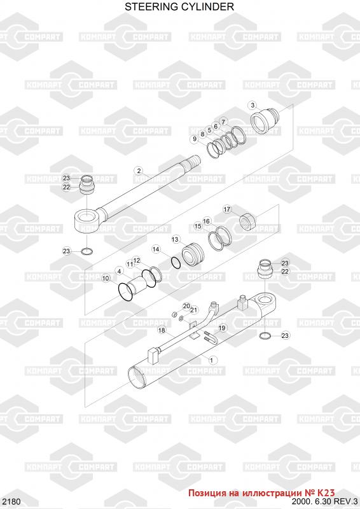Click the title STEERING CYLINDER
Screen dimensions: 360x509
pyautogui.click(x=179, y=6)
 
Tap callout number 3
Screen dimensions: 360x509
pyautogui.click(x=253, y=105)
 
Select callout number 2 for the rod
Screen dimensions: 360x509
pyautogui.click(x=139, y=171)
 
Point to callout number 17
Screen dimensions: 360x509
pyautogui.click(x=226, y=209)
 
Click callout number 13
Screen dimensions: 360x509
pyautogui.click(x=175, y=240)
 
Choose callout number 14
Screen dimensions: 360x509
pyautogui.click(x=156, y=249)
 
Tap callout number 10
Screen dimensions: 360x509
pyautogui.click(x=106, y=278)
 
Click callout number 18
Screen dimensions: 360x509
pyautogui.click(x=162, y=330)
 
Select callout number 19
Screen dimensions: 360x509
pyautogui.click(x=222, y=328)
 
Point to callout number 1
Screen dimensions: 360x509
pyautogui.click(x=212, y=360)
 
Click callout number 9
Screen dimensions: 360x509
pyautogui.click(x=195, y=139)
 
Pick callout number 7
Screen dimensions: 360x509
pyautogui.click(x=223, y=122)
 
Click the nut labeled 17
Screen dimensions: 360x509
pyautogui.click(x=248, y=221)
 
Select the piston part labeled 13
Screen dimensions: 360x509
pyautogui.click(x=192, y=255)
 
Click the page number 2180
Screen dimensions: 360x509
pyautogui.click(x=10, y=501)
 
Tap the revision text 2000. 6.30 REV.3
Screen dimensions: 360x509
pyautogui.click(x=326, y=501)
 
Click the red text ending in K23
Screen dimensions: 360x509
pyautogui.click(x=261, y=492)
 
